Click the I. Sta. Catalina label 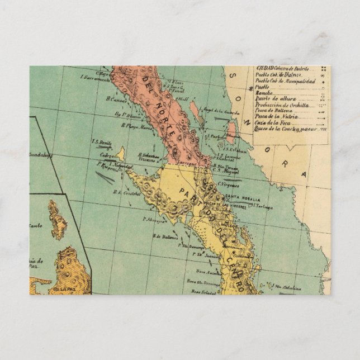click(287, 288)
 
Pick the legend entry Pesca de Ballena click(275, 110)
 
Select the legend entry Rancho click(263, 93)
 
